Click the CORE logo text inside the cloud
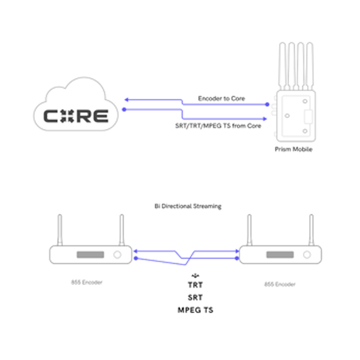(x=76, y=115)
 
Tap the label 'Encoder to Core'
(x=221, y=98)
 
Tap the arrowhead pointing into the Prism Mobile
(x=265, y=116)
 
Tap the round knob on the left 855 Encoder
(x=118, y=255)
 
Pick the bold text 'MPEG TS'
(x=196, y=310)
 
